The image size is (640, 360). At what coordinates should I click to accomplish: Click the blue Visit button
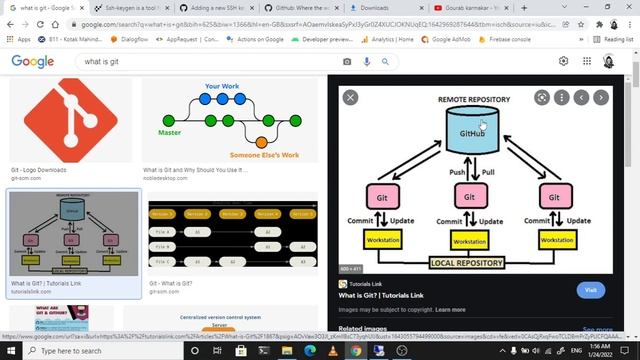590,290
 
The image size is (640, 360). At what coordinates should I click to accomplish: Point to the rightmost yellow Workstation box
557,240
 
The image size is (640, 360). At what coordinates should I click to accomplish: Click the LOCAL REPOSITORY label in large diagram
471,263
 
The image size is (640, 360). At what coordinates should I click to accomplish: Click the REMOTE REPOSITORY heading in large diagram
473,100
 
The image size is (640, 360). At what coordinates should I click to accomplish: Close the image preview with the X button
350,97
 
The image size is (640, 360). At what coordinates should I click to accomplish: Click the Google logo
33,61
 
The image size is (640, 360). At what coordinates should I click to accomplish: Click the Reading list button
614,39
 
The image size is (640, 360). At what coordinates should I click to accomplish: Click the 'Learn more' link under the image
450,310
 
